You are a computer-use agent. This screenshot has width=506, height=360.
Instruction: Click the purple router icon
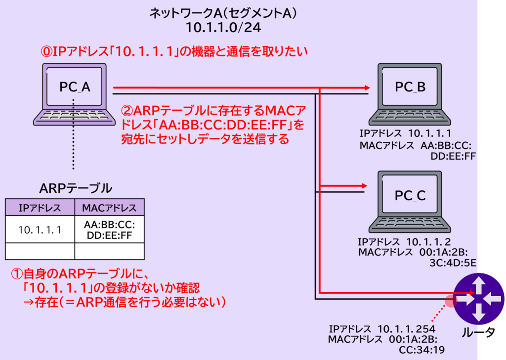pyautogui.click(x=478, y=299)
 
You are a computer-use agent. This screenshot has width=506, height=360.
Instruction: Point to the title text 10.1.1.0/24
pyautogui.click(x=223, y=27)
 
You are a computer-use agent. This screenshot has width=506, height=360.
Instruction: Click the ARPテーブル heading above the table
pyautogui.click(x=75, y=188)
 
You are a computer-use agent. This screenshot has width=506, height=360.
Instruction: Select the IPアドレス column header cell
pyautogui.click(x=40, y=207)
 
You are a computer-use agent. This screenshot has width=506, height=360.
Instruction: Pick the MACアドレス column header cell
pyautogui.click(x=109, y=207)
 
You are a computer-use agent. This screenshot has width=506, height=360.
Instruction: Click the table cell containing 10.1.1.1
pyautogui.click(x=40, y=230)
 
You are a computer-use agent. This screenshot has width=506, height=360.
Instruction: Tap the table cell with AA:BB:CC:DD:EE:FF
pyautogui.click(x=109, y=230)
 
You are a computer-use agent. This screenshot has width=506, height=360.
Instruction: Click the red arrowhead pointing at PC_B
pyautogui.click(x=366, y=88)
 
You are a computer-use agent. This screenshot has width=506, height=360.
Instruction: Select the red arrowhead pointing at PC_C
pyautogui.click(x=364, y=186)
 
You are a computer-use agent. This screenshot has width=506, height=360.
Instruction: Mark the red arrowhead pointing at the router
pyautogui.click(x=471, y=293)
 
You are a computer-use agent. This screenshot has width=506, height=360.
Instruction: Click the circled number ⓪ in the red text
pyautogui.click(x=45, y=51)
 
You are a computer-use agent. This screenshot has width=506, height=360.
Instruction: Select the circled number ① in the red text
pyautogui.click(x=17, y=274)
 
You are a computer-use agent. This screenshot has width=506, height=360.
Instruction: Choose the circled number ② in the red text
pyautogui.click(x=127, y=109)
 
